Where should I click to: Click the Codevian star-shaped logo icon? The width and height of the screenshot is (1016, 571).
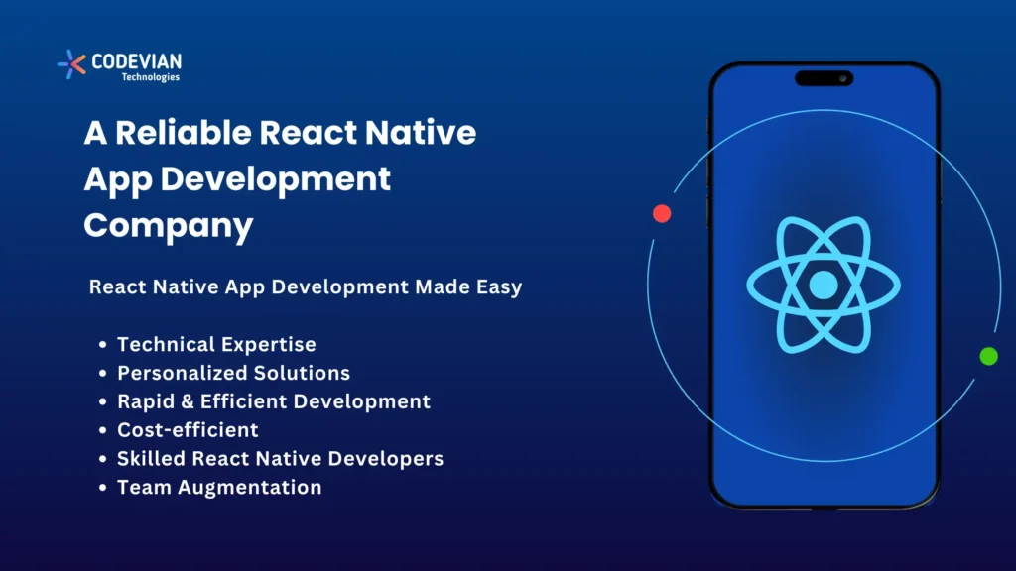click(x=71, y=63)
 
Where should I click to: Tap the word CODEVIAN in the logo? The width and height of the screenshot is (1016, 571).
click(x=136, y=61)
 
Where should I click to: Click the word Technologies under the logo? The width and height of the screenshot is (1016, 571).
click(x=150, y=77)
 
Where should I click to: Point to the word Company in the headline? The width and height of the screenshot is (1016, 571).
click(x=169, y=225)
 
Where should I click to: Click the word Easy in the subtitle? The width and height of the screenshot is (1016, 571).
click(x=496, y=287)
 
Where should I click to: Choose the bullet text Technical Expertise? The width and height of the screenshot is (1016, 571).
click(x=216, y=345)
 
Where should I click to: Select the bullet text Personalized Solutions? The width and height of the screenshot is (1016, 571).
click(x=233, y=374)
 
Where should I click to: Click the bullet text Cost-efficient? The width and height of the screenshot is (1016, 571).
click(x=188, y=430)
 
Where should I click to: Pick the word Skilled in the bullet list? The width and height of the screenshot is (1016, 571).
click(x=150, y=459)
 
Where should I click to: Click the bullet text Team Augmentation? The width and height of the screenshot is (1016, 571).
click(x=219, y=487)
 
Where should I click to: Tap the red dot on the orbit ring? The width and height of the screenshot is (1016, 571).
click(x=662, y=213)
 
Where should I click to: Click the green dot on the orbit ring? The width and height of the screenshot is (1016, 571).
click(x=988, y=356)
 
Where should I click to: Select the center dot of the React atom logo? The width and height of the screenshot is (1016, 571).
click(x=824, y=286)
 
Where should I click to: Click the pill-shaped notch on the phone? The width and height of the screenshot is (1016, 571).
click(x=824, y=78)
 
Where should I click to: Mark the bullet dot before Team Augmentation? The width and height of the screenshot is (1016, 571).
click(x=103, y=488)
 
